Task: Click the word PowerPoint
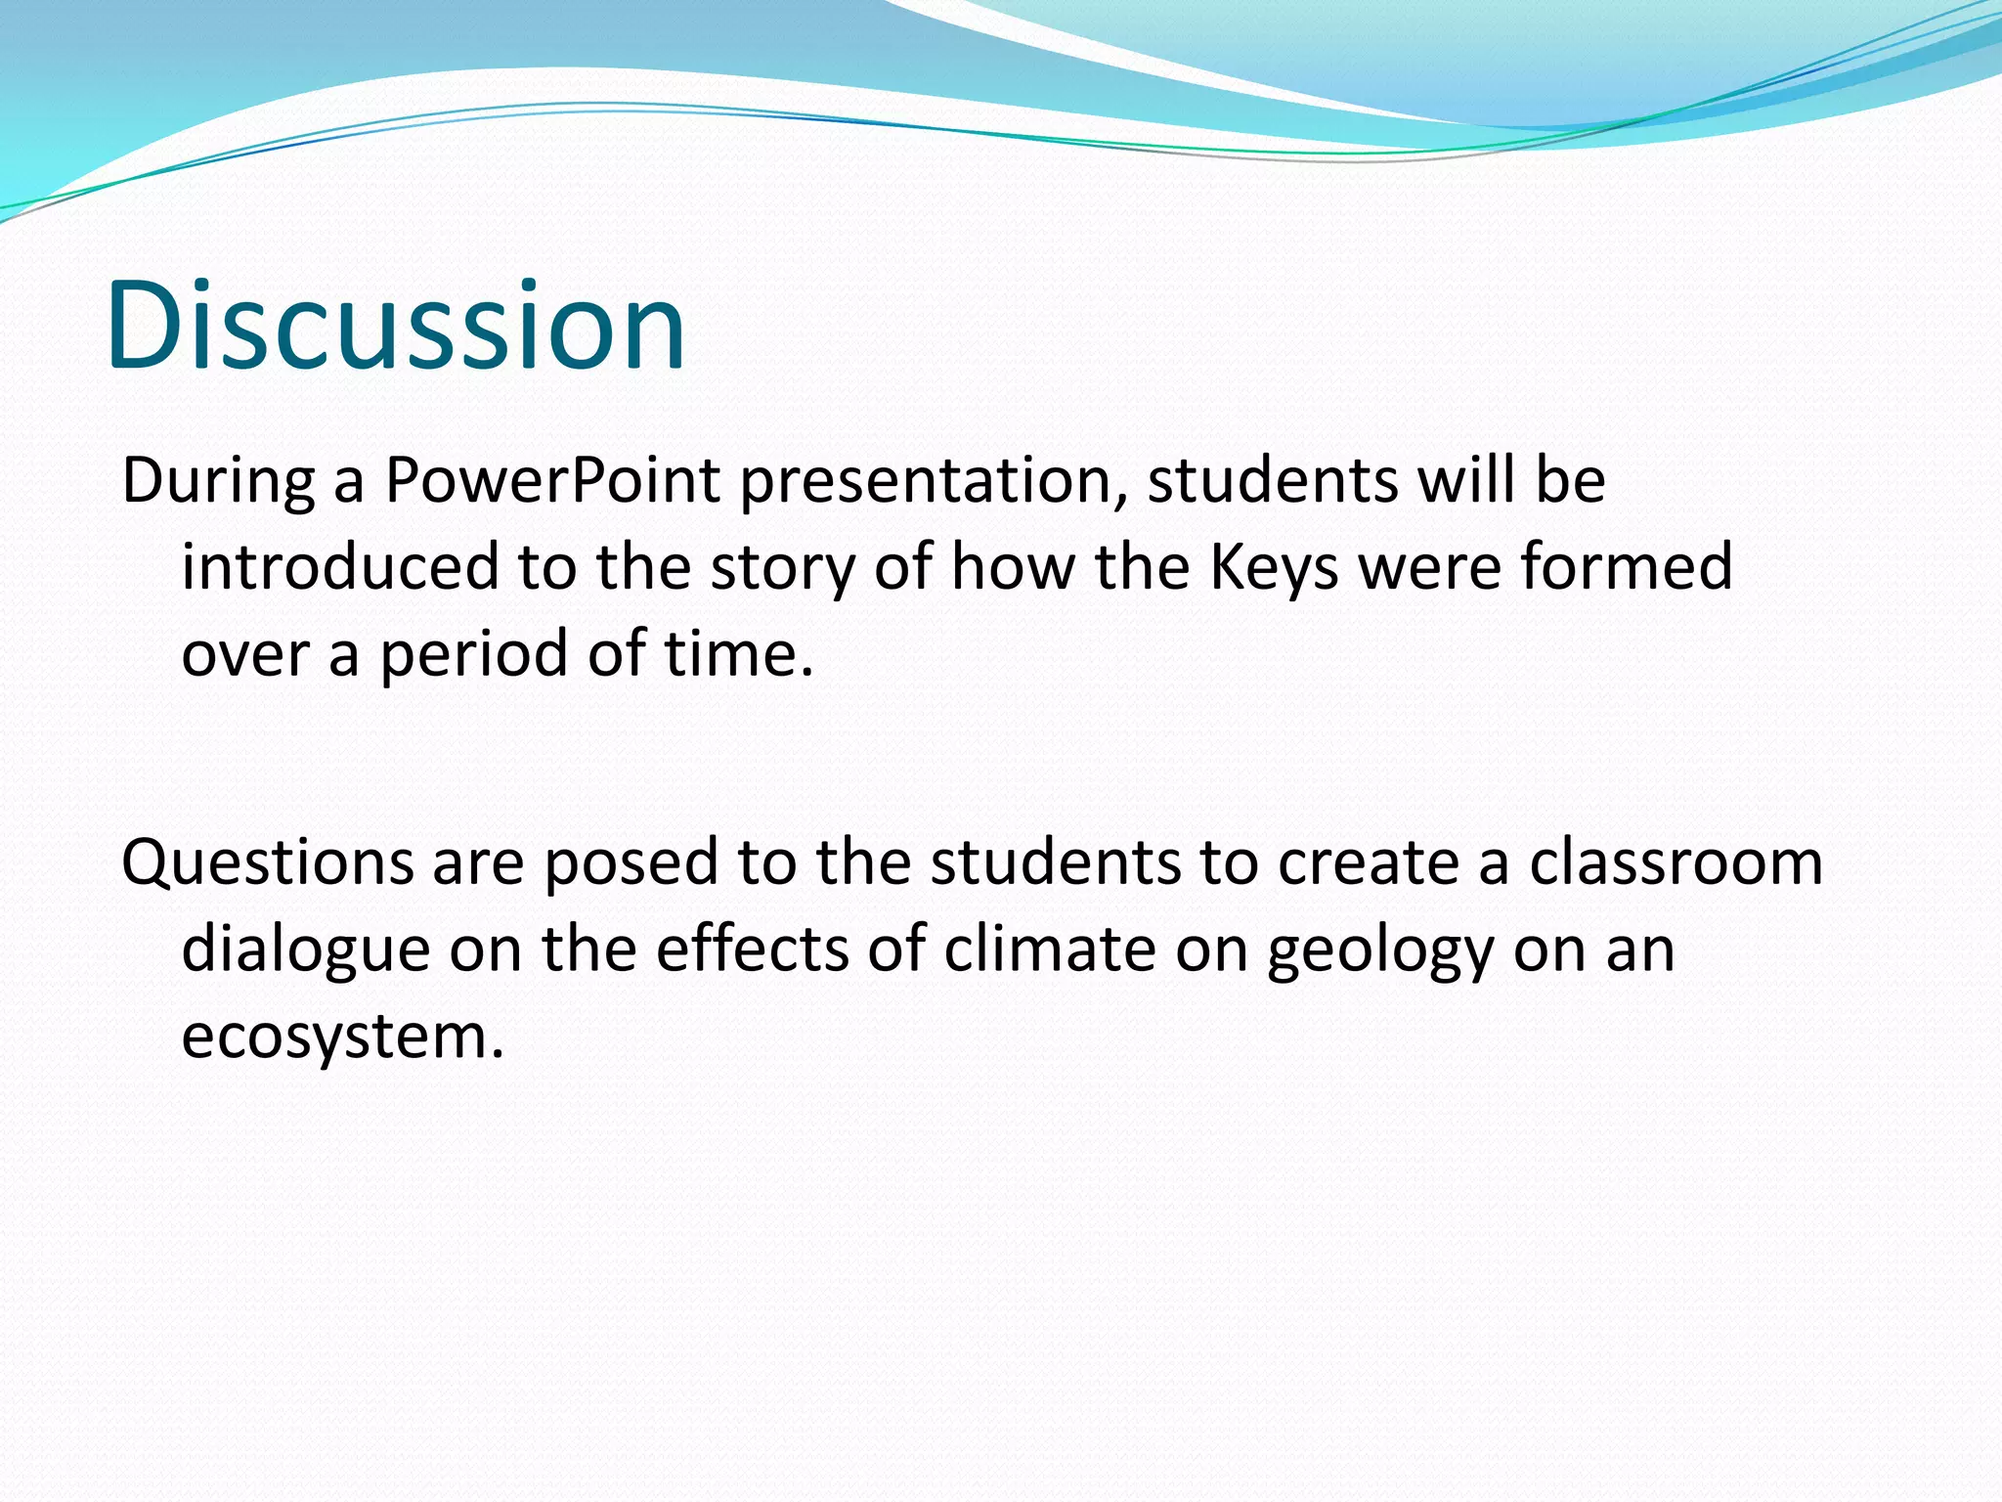(552, 480)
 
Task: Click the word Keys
(1273, 568)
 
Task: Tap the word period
(474, 654)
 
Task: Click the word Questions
(267, 862)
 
